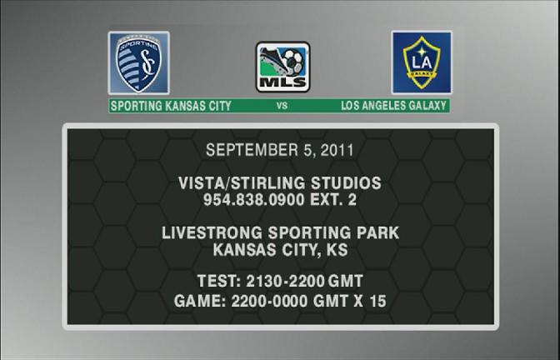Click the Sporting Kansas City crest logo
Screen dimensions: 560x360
click(x=139, y=62)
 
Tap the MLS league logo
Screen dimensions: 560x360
click(x=282, y=67)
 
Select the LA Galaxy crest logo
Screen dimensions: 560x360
click(x=422, y=62)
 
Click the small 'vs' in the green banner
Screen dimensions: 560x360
click(x=282, y=105)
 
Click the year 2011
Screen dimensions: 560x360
click(x=337, y=150)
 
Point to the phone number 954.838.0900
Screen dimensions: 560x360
click(x=254, y=200)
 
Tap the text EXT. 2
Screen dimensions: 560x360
click(x=333, y=200)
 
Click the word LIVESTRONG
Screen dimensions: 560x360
click(x=212, y=232)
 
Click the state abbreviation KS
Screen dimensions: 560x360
click(x=337, y=250)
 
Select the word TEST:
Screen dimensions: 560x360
click(x=219, y=281)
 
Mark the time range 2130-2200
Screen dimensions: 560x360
click(x=285, y=281)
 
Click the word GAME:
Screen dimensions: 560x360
click(x=200, y=301)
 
